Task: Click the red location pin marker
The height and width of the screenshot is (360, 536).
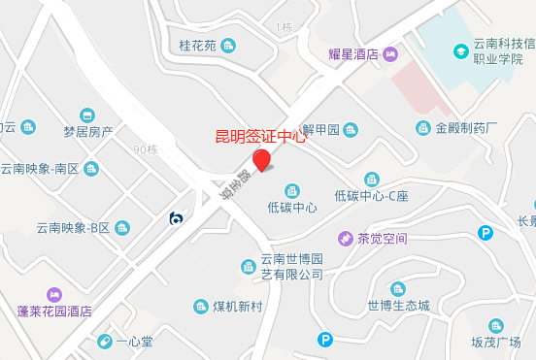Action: pos(261,161)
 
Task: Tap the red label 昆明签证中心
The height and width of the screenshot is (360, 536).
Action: pos(260,137)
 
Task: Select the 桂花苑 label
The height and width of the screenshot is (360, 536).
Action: pos(197,45)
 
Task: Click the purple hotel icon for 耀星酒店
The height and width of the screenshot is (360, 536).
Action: pos(390,54)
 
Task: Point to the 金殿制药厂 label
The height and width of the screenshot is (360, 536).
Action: pos(466,128)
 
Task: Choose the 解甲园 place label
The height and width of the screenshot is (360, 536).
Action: pos(319,130)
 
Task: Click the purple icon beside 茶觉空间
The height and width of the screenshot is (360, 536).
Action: pos(344,238)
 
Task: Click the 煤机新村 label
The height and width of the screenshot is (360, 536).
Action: pos(238,307)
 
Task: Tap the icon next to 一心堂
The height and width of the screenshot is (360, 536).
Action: pos(104,342)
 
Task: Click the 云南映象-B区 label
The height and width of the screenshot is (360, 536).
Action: pos(74,228)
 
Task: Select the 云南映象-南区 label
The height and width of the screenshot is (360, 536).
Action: pos(52,168)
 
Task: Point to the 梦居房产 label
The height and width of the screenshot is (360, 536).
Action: pos(88,131)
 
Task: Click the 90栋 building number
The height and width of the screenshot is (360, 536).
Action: pos(145,149)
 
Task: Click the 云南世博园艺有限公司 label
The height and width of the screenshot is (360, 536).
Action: pos(291,267)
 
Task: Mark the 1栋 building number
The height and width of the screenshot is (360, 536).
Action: pos(284,27)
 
